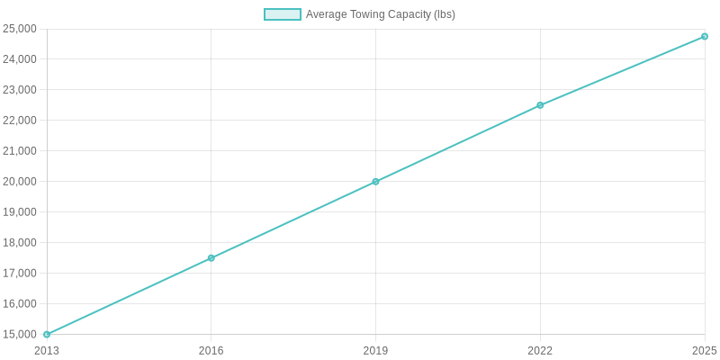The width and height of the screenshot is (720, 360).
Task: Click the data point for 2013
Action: (47, 334)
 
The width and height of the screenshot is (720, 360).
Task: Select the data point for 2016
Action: (211, 258)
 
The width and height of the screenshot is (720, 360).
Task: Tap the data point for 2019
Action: (375, 182)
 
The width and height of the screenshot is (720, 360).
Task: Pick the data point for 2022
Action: (540, 105)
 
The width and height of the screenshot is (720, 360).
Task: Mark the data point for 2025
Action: (705, 37)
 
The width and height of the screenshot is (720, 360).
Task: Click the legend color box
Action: (283, 14)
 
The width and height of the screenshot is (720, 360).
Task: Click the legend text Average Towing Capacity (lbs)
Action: (381, 14)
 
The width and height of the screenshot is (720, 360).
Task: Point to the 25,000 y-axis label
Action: (20, 29)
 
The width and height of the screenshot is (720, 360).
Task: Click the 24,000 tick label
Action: (20, 59)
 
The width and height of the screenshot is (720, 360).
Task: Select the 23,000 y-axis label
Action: (20, 90)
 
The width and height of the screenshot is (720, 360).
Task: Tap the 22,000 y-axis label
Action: (20, 121)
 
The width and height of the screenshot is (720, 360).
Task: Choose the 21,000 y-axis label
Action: (20, 151)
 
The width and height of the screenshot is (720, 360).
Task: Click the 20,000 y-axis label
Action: (20, 182)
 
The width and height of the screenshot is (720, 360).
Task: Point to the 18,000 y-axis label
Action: (20, 243)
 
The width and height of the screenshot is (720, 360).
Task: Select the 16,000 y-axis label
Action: (20, 304)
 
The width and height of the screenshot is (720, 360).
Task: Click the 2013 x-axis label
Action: (47, 350)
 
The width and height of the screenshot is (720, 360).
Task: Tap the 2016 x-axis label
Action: (211, 350)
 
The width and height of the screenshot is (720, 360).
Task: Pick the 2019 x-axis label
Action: (375, 350)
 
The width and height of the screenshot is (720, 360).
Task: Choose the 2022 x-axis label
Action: (540, 350)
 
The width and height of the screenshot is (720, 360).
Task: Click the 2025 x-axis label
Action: (705, 350)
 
